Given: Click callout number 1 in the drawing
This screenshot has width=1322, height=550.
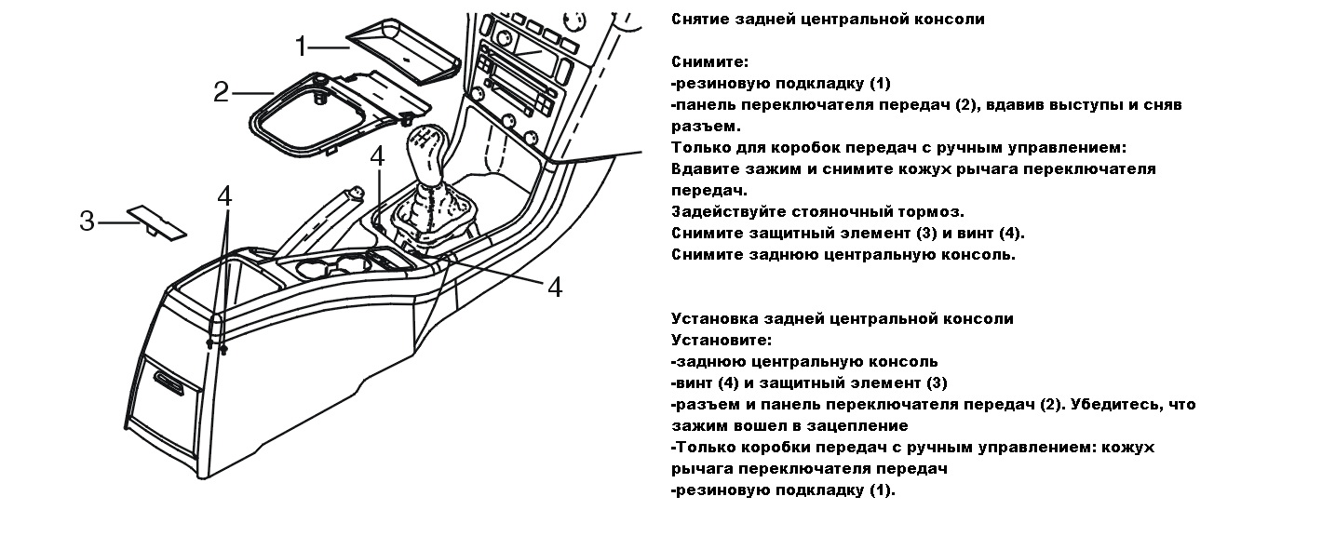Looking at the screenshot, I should [x=303, y=45].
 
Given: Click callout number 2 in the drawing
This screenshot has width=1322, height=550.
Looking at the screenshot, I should [x=222, y=91].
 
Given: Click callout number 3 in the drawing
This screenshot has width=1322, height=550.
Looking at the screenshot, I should [x=87, y=221].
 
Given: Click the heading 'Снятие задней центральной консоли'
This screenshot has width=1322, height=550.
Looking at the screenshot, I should [x=827, y=19].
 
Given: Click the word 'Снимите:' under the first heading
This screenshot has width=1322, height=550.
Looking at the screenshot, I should [x=709, y=61].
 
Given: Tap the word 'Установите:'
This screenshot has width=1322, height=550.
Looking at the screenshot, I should [x=721, y=341].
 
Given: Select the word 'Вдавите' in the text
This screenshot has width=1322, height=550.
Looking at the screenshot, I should [x=704, y=169].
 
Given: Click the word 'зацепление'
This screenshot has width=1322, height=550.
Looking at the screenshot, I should [x=855, y=426].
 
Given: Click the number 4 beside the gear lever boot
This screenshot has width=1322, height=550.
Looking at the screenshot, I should [x=376, y=156].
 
